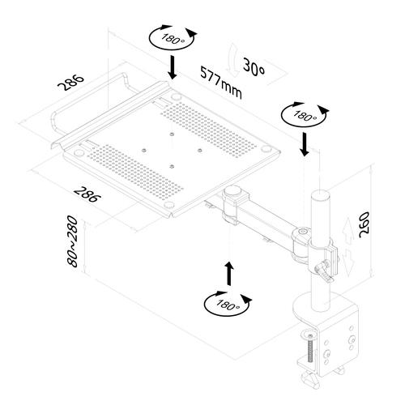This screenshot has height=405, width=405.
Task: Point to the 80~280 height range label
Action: pos(73,242)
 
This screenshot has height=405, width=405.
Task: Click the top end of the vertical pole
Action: pos(318,196)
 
